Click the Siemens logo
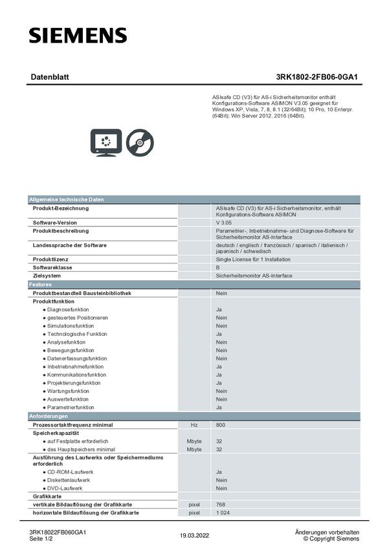click(x=78, y=36)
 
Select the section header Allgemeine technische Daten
click(x=66, y=199)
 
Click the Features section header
click(x=40, y=285)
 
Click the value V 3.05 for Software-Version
click(x=224, y=223)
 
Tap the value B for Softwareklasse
click(x=218, y=268)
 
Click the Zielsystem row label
click(x=47, y=276)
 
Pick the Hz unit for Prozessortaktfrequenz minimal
click(x=194, y=425)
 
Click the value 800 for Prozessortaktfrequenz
click(x=221, y=425)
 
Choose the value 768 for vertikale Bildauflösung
click(x=221, y=505)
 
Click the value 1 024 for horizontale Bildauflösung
click(x=223, y=513)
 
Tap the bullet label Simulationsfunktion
click(x=71, y=326)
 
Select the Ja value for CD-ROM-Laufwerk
click(x=219, y=472)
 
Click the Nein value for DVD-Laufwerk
click(x=221, y=489)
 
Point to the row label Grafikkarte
click(x=47, y=496)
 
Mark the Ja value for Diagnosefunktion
click(x=219, y=310)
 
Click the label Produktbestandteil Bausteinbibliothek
click(x=82, y=293)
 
